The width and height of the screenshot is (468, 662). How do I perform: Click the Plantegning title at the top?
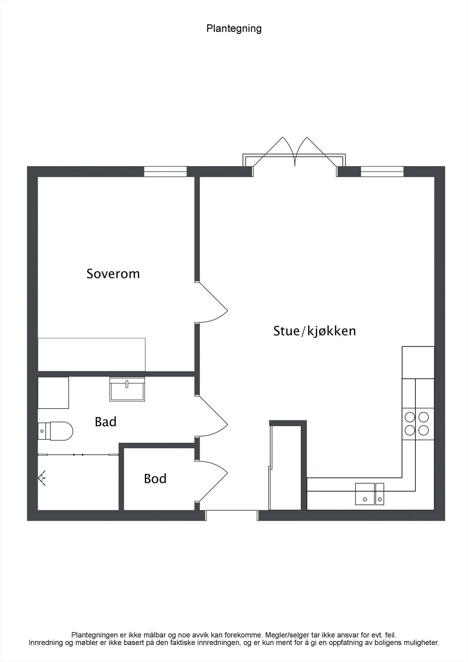tap(234, 29)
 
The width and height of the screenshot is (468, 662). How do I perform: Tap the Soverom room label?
tap(113, 273)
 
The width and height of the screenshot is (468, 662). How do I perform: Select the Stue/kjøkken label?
tap(314, 331)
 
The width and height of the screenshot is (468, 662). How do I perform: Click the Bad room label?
tap(106, 422)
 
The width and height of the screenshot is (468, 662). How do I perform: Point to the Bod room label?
tap(155, 478)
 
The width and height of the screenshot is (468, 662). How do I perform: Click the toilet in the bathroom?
tap(55, 431)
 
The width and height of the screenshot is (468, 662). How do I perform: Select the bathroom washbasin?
tap(127, 389)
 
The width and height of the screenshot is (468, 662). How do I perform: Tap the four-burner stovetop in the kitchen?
tap(417, 423)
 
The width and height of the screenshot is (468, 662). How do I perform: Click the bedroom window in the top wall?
tap(165, 171)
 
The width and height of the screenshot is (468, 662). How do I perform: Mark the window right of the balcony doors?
tap(382, 171)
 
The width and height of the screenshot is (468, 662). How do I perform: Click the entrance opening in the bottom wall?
tap(232, 515)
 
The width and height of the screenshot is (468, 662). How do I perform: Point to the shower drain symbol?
tap(42, 478)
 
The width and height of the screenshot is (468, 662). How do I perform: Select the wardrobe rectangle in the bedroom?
tap(91, 354)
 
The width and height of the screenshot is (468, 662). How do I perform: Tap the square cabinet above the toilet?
tap(53, 393)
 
